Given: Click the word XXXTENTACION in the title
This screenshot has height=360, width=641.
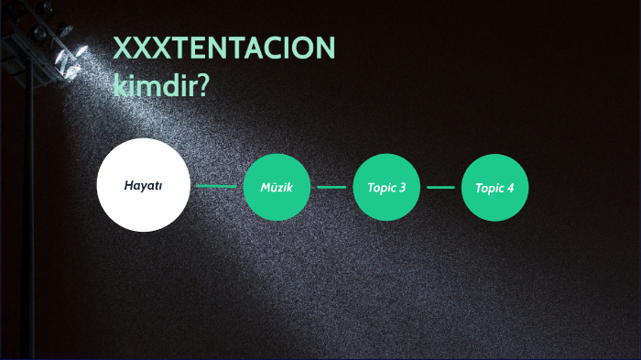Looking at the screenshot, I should [x=224, y=49].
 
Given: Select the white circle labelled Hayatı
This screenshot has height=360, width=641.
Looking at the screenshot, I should [x=143, y=185].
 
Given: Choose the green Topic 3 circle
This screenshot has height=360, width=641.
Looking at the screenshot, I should [x=386, y=187].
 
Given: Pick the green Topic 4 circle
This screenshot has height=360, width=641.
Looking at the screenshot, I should [x=494, y=187].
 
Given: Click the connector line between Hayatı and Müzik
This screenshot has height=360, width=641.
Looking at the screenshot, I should [x=216, y=187].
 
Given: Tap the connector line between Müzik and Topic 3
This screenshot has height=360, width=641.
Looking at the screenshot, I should [x=331, y=187].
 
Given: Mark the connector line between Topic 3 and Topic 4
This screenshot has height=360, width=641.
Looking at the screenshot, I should [x=440, y=187].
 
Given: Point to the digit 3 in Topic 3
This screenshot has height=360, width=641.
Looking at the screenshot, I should [x=402, y=188].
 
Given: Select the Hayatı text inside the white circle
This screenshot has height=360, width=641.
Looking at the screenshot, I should [x=143, y=185].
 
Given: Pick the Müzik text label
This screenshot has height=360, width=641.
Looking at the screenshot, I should [x=277, y=188].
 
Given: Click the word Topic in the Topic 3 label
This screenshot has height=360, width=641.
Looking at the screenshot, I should [x=381, y=188].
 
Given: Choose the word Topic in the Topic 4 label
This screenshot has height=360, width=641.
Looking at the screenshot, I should [x=489, y=188].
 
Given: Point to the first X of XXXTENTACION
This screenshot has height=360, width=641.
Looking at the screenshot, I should [x=123, y=49].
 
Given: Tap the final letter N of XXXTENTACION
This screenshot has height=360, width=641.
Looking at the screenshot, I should [x=325, y=49].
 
